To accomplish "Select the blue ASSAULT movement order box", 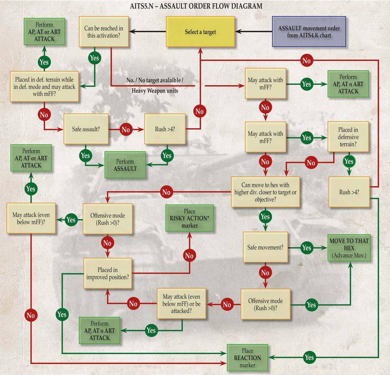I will point(309,32).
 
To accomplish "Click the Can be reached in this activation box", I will point(103,32).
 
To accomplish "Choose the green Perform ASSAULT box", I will point(125,165).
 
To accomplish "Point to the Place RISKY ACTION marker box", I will point(189,218).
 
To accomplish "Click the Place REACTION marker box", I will point(247,357).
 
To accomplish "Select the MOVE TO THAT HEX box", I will point(349,248).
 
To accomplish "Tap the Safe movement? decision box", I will point(265,247).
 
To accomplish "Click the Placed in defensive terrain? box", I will point(348,137).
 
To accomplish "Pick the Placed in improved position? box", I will point(108,273).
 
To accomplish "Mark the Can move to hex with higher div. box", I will point(265,192).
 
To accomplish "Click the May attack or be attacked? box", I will point(181,304).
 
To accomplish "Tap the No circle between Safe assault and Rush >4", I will point(126,130).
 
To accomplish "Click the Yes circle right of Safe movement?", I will point(306,248).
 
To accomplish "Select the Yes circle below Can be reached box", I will point(95,58).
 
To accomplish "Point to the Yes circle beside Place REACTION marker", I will point(309,357).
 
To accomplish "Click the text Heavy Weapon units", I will point(155,91).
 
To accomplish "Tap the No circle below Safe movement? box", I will point(265,273).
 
